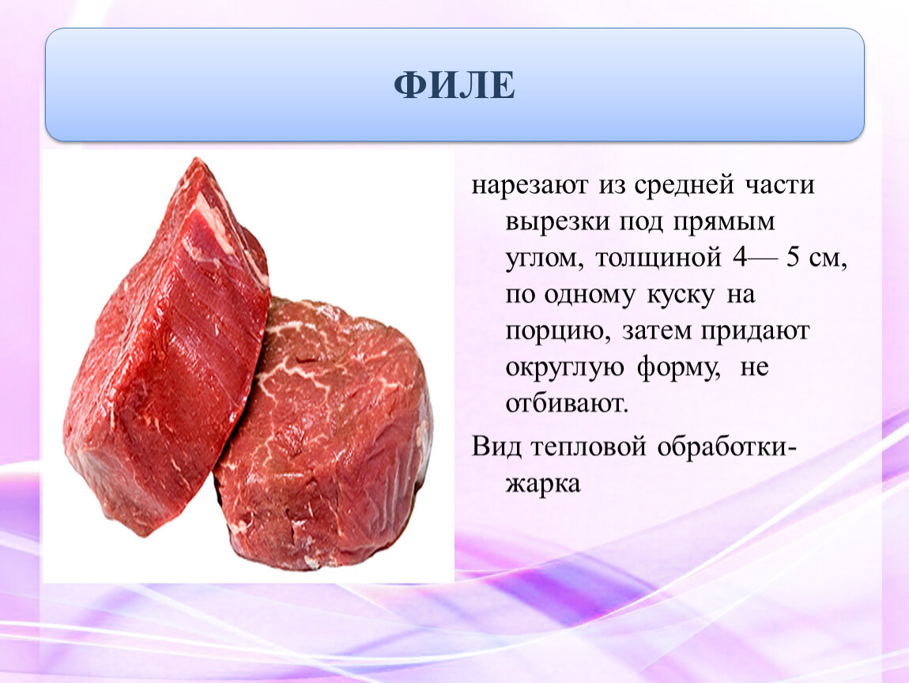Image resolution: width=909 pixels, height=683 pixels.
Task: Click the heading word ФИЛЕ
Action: click(455, 85)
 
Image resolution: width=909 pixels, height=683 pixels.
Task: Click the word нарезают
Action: click(530, 186)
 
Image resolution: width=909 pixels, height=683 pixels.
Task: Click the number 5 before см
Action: click(793, 257)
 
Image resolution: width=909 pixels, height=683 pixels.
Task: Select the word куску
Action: click(681, 296)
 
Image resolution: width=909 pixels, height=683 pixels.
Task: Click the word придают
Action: click(756, 332)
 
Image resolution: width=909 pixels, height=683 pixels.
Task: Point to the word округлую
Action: click(564, 368)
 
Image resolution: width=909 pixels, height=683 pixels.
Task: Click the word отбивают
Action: click(567, 403)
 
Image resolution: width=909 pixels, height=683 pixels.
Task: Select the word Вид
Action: click(497, 447)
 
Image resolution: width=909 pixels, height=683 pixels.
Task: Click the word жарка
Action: click(542, 484)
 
